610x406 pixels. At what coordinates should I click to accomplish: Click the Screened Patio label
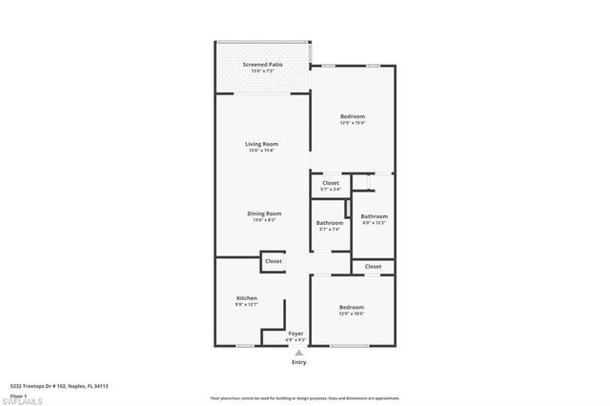pos(261,65)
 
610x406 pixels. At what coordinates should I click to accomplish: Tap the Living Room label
pos(261,144)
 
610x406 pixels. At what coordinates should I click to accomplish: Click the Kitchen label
pos(246,298)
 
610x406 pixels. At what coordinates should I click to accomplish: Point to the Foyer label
pos(295,334)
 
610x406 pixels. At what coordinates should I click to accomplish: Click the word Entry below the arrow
pos(298,362)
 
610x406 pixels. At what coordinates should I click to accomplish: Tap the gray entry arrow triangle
pos(298,353)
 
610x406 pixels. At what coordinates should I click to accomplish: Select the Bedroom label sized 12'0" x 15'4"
pos(353,116)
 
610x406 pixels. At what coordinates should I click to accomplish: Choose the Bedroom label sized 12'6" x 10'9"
pos(352,307)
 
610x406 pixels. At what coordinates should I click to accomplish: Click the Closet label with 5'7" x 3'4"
pos(331,183)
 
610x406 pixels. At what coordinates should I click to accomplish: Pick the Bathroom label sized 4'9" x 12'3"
pos(374,216)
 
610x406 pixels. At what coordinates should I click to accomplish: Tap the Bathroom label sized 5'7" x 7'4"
pos(330,223)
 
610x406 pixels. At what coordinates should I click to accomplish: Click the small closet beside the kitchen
pos(274,260)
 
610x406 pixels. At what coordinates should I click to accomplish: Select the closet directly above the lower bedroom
pos(373,267)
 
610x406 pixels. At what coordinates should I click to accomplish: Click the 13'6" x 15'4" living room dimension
pos(261,151)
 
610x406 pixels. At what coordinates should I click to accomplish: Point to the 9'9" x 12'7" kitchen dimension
pos(246,305)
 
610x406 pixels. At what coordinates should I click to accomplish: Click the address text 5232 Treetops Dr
pos(58,386)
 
